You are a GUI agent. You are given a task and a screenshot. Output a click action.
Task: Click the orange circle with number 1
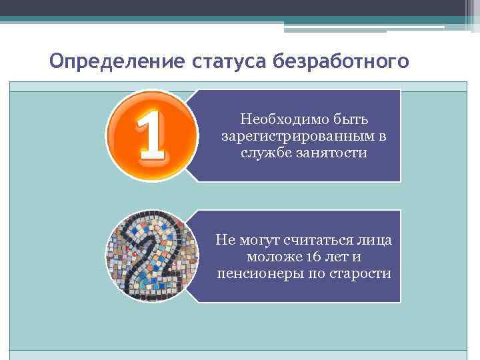pyautogui.click(x=152, y=135)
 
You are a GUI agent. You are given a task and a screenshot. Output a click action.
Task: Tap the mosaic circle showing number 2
pyautogui.click(x=153, y=256)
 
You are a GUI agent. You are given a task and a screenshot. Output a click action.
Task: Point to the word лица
pyautogui.click(x=375, y=241)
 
